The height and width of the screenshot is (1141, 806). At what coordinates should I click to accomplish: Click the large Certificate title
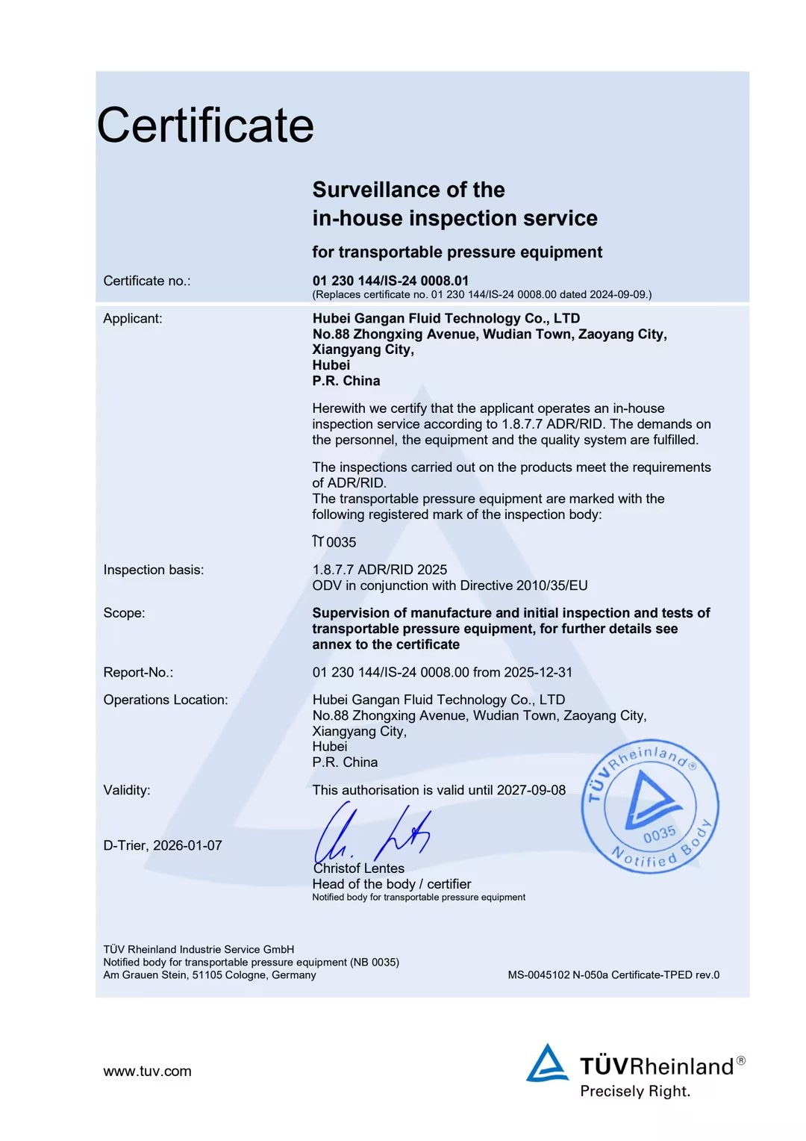click(205, 125)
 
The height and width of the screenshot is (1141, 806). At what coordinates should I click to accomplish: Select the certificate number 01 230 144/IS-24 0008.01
click(390, 281)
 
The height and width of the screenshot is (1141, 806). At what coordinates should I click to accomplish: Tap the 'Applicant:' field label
click(133, 319)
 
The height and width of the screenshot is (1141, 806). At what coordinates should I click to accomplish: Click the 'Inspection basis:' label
click(154, 570)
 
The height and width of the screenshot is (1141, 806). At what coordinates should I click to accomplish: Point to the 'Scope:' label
click(125, 613)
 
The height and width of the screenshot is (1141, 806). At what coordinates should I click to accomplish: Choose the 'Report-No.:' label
click(138, 672)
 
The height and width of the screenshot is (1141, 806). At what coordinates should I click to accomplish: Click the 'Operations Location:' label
click(166, 700)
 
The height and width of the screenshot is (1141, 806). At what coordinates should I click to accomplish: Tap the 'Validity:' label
click(127, 790)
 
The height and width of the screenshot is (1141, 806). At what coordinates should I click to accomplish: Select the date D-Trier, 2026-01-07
click(163, 845)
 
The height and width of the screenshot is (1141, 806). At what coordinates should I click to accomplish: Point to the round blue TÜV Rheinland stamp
click(650, 806)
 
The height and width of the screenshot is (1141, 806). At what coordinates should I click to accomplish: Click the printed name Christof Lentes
click(359, 868)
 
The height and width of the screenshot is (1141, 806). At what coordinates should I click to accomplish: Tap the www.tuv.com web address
click(147, 1072)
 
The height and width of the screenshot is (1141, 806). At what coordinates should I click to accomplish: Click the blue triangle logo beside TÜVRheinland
click(547, 1063)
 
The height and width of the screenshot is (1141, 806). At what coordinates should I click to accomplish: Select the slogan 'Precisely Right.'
click(635, 1092)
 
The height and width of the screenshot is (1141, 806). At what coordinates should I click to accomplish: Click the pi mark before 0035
click(318, 541)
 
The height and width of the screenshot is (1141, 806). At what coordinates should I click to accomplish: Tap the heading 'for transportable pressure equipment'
click(457, 252)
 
